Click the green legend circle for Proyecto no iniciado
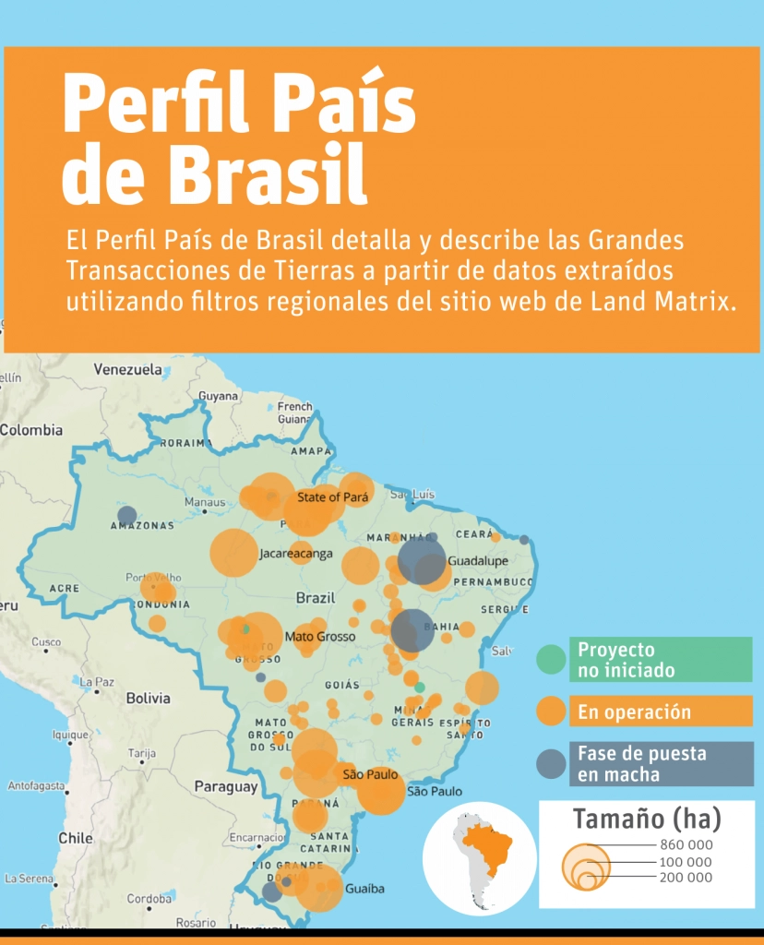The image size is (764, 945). pos(551,659)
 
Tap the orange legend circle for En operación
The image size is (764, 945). pos(551,711)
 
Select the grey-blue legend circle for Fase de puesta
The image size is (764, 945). pos(551,763)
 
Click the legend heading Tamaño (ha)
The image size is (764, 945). pos(646,819)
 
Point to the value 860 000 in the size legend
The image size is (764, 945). pos(686,844)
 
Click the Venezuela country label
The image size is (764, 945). pos(127,369)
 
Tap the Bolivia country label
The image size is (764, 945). pos(149,699)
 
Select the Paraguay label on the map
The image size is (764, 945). pos(225,787)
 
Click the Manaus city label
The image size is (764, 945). pos(205,503)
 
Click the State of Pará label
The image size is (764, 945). pos(332,497)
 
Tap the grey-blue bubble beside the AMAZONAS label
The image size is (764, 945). pos(127,516)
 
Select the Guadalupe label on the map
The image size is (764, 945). pos(477,561)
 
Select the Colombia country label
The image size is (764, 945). pos(31,430)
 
